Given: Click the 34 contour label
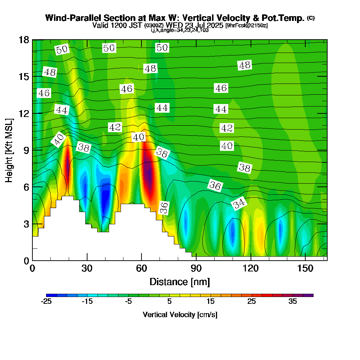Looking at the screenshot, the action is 239,203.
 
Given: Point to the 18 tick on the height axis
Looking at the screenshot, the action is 24,40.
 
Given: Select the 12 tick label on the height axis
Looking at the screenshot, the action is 24,113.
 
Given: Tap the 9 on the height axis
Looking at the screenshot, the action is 26,150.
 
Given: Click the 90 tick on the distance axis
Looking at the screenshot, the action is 196,268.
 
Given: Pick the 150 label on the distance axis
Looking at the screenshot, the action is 305,268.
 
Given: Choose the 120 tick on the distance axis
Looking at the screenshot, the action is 251,268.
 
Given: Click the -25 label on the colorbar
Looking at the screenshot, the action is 46,301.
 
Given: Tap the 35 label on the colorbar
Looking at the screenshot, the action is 293,301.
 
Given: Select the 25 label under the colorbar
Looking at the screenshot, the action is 252,301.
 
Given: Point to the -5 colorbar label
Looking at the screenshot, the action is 129,301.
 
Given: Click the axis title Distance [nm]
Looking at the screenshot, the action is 180,282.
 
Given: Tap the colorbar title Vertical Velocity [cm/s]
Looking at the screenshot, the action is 180,315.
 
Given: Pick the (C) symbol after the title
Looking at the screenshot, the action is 311,18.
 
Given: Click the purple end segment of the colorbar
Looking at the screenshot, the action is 308,295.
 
